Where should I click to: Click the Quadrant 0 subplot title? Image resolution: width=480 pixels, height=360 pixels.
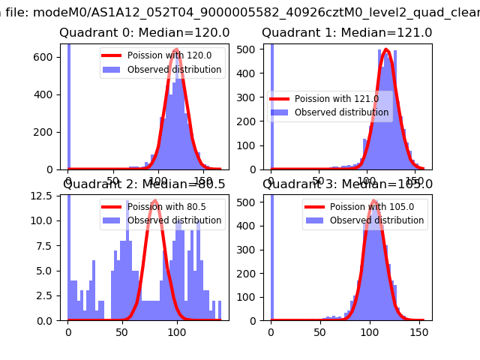pos(144,33)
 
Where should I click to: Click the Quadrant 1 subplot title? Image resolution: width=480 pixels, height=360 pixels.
pos(346,33)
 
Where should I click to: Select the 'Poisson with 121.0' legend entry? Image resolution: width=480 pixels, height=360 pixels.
pos(341,98)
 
